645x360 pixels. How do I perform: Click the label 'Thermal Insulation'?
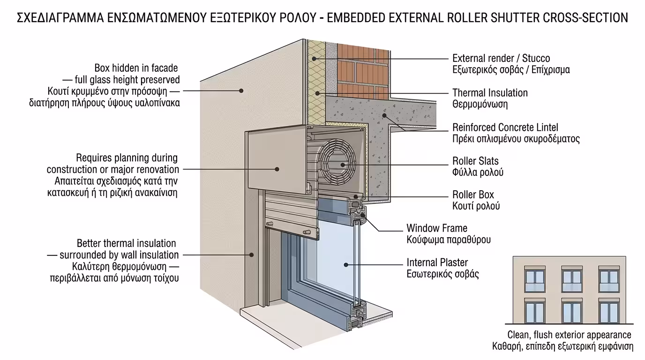coord(490,93)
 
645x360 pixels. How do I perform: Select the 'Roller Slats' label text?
coord(475,161)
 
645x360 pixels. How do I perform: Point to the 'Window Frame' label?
coord(436,228)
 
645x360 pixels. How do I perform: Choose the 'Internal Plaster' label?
coord(437,262)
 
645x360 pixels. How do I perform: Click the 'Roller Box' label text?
coord(473,195)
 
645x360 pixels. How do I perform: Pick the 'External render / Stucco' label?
coord(501,59)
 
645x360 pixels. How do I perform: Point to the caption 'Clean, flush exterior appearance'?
coord(569,335)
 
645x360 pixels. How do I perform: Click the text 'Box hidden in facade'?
coord(136,68)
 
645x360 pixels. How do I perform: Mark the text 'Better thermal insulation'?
coord(126,243)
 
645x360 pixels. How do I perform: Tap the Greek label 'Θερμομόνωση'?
coord(480,104)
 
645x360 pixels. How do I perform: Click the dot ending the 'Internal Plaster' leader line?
coord(346,265)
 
